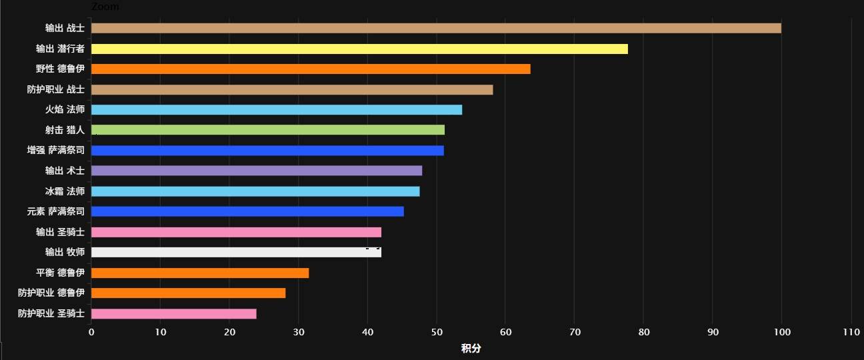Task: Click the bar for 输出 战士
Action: [436, 28]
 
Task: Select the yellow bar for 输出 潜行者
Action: [359, 49]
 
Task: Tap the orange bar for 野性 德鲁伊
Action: [311, 69]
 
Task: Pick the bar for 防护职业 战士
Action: [292, 89]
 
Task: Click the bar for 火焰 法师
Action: [277, 110]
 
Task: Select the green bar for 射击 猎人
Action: [268, 130]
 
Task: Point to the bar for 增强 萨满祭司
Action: [267, 151]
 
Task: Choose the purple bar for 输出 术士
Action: [257, 171]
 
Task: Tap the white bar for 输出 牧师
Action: [236, 253]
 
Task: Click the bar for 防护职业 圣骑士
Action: [174, 314]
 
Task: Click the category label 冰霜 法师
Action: [65, 191]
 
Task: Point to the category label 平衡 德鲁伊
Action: [60, 273]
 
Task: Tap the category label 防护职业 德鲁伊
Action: [51, 293]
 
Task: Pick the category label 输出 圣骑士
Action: [60, 232]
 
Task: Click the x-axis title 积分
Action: [471, 349]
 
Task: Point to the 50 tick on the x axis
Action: [436, 332]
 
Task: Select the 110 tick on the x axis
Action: [851, 332]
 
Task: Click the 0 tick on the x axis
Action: [91, 332]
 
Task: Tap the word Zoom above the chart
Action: [105, 7]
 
